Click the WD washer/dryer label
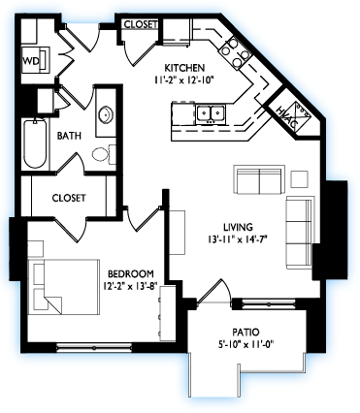coord(30,60)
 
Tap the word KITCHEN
coord(184,68)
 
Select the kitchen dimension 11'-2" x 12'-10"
coord(185,79)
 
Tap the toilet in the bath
coord(104,154)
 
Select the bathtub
coord(35,143)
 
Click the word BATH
coord(69,136)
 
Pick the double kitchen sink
coord(211,113)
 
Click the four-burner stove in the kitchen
coord(235,51)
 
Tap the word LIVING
coord(238,227)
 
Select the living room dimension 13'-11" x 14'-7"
coord(239,239)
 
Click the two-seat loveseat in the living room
coord(259,179)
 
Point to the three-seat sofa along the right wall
coord(300,233)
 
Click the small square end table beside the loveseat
coord(299,179)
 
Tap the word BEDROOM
coord(131,274)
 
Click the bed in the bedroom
coord(63,286)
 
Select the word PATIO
coord(245,333)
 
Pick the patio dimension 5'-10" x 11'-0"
coord(245,344)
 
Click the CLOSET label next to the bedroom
coord(69,198)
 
